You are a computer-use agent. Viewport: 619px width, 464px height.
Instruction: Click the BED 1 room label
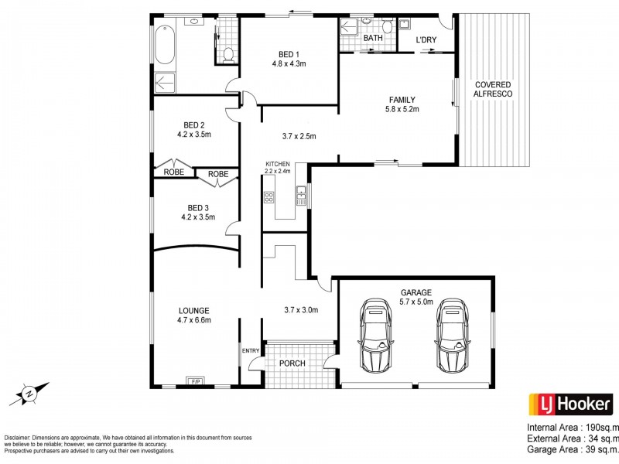287,54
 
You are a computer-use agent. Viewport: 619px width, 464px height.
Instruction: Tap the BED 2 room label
194,125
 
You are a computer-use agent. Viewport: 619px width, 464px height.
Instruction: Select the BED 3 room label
198,207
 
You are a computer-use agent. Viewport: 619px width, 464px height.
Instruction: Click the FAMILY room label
402,99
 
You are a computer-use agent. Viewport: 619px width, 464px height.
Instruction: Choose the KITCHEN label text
278,165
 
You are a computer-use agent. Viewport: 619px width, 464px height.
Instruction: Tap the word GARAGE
416,292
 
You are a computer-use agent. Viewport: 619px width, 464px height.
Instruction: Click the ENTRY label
251,351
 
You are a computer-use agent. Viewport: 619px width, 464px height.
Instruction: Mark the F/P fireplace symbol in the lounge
194,381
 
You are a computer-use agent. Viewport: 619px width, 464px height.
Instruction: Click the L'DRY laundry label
426,39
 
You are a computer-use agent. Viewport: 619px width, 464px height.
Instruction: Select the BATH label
373,38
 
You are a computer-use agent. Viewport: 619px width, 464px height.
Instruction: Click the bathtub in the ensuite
165,46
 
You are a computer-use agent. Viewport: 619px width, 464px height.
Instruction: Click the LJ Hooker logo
571,404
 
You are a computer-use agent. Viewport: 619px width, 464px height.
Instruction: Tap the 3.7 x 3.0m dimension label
301,311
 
